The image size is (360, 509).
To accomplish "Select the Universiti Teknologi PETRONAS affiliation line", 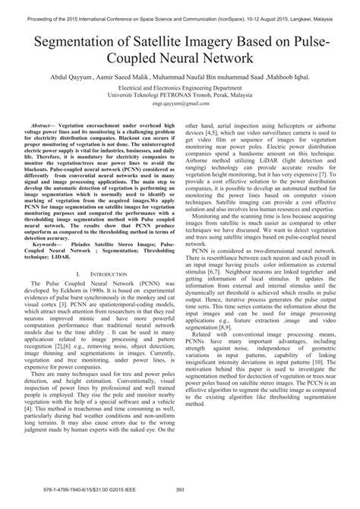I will click(x=179, y=98).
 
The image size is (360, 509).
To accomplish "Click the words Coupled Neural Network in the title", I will click(x=179, y=58).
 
